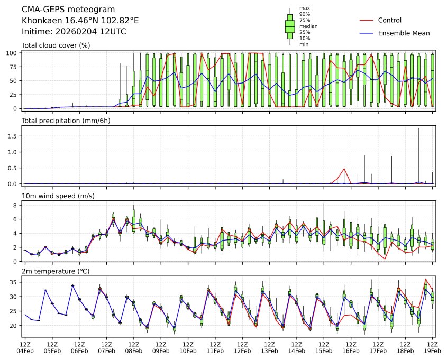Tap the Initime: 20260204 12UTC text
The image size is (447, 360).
[74, 32]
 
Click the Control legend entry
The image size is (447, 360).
[389, 21]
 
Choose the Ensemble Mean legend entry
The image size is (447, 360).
[404, 33]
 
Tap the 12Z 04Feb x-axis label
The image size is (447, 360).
[25, 347]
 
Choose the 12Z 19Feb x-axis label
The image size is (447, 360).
[433, 347]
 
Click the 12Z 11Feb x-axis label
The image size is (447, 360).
[215, 347]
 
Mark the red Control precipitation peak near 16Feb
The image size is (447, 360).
[344, 169]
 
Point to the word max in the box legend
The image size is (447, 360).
[304, 8]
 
